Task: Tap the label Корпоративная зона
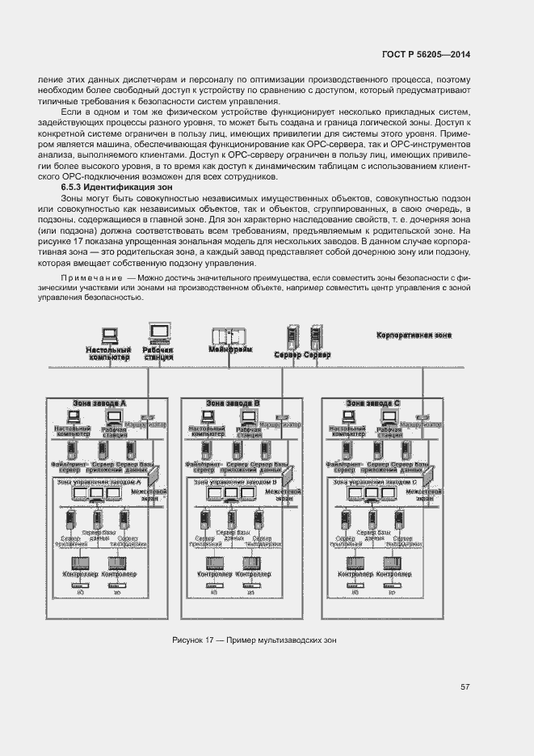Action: pos(414,335)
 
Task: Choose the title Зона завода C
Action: pos(372,402)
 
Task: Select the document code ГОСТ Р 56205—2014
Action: pos(426,55)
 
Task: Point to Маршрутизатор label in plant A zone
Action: pos(147,424)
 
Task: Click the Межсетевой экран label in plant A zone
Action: pos(148,494)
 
